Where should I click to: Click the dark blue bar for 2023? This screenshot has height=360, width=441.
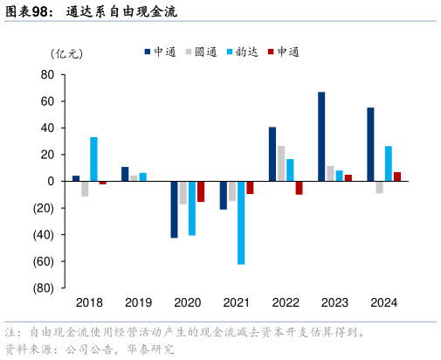point(321,136)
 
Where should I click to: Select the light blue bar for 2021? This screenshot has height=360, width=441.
point(241,222)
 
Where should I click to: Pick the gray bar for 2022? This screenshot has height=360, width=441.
point(281,163)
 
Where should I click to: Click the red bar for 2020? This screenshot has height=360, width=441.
point(201,191)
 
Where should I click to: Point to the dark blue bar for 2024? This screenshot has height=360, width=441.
point(371,144)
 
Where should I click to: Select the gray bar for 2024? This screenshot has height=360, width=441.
point(380,187)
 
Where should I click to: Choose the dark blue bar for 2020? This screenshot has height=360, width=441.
point(174,209)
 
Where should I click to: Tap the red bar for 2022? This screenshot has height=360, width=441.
point(299,187)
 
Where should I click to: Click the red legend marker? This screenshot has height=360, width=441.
point(272,52)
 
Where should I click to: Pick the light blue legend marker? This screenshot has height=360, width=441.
point(229,52)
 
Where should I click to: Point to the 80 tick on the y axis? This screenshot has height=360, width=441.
point(48,74)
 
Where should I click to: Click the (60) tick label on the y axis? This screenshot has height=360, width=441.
point(44,261)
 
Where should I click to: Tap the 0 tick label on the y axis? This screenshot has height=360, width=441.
point(52,181)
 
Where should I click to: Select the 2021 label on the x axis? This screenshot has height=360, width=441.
point(237,302)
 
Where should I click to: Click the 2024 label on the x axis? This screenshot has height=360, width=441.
point(384,302)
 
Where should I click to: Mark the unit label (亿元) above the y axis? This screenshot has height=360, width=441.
point(68,53)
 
